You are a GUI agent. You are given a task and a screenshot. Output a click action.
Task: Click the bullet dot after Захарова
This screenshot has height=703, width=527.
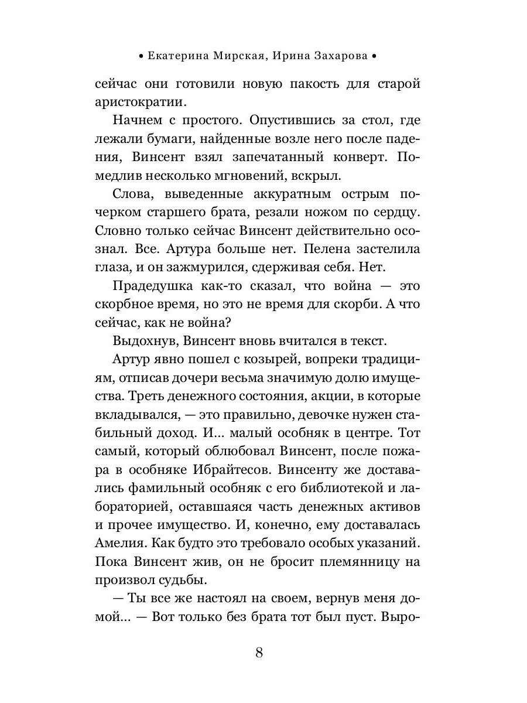374,57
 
